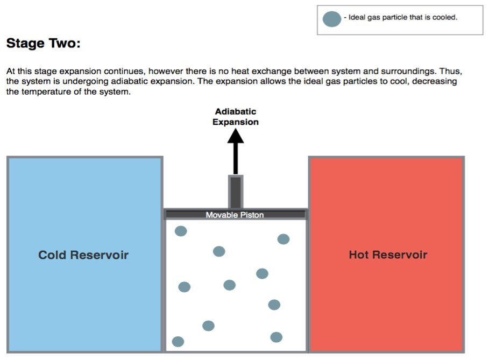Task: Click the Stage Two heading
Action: click(x=43, y=44)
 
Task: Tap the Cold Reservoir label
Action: click(x=83, y=255)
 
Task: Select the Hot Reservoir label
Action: click(x=388, y=255)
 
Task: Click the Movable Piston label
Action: click(x=235, y=215)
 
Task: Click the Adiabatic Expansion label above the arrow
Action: click(x=236, y=117)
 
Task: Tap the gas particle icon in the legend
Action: click(x=332, y=19)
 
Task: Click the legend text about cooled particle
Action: click(x=402, y=18)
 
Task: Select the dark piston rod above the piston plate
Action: click(x=236, y=191)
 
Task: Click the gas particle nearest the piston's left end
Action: click(x=181, y=231)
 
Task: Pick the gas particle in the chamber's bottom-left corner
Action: click(x=178, y=342)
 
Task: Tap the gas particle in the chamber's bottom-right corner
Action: click(x=277, y=337)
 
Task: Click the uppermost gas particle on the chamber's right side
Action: click(x=284, y=239)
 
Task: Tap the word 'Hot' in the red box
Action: click(x=359, y=255)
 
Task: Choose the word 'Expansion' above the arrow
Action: click(x=236, y=122)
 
